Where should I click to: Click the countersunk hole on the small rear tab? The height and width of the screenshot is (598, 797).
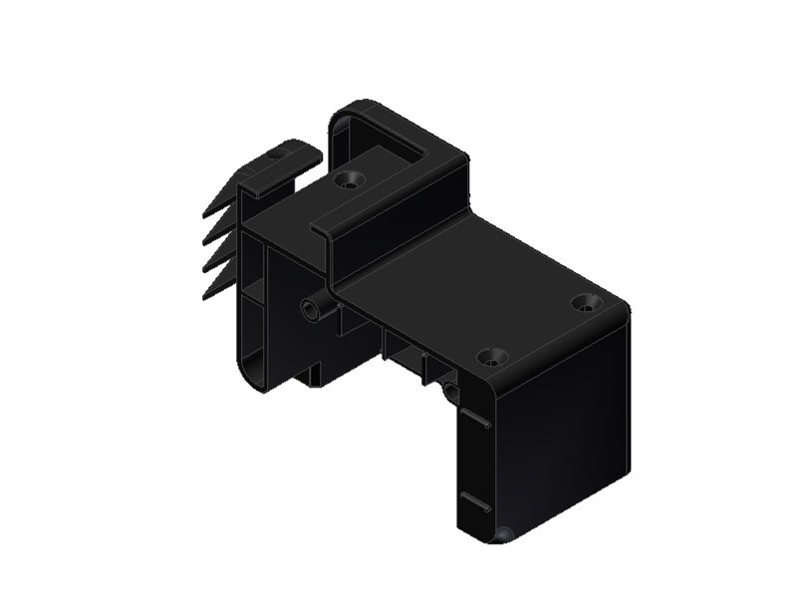click(280, 154)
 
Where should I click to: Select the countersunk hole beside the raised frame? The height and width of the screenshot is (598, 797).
click(349, 180)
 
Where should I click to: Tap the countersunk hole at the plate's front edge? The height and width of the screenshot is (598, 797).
click(491, 356)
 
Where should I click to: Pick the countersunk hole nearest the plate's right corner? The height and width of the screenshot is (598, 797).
click(585, 301)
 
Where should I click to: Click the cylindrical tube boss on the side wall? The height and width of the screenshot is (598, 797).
click(314, 310)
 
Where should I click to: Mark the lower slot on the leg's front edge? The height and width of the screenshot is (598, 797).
click(475, 501)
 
